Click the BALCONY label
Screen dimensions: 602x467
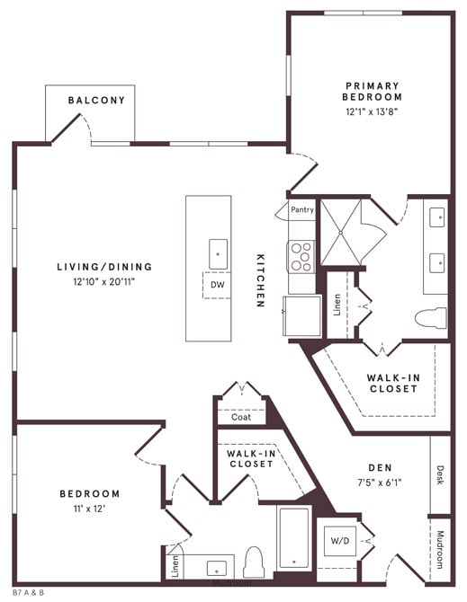[x=96, y=100]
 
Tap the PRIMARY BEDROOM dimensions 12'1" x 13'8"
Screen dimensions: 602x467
[x=373, y=111]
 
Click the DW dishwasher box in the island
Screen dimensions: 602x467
[x=217, y=285]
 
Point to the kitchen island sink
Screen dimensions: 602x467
[x=218, y=252]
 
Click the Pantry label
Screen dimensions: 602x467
[x=302, y=209]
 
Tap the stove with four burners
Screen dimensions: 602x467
[x=301, y=256]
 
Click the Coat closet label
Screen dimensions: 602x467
[x=241, y=417]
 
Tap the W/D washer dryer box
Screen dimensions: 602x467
[x=340, y=541]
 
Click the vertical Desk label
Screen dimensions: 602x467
[x=440, y=474]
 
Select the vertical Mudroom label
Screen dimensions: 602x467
[x=440, y=548]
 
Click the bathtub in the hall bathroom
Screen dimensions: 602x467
[x=293, y=538]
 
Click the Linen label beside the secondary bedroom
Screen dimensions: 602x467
[x=174, y=566]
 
